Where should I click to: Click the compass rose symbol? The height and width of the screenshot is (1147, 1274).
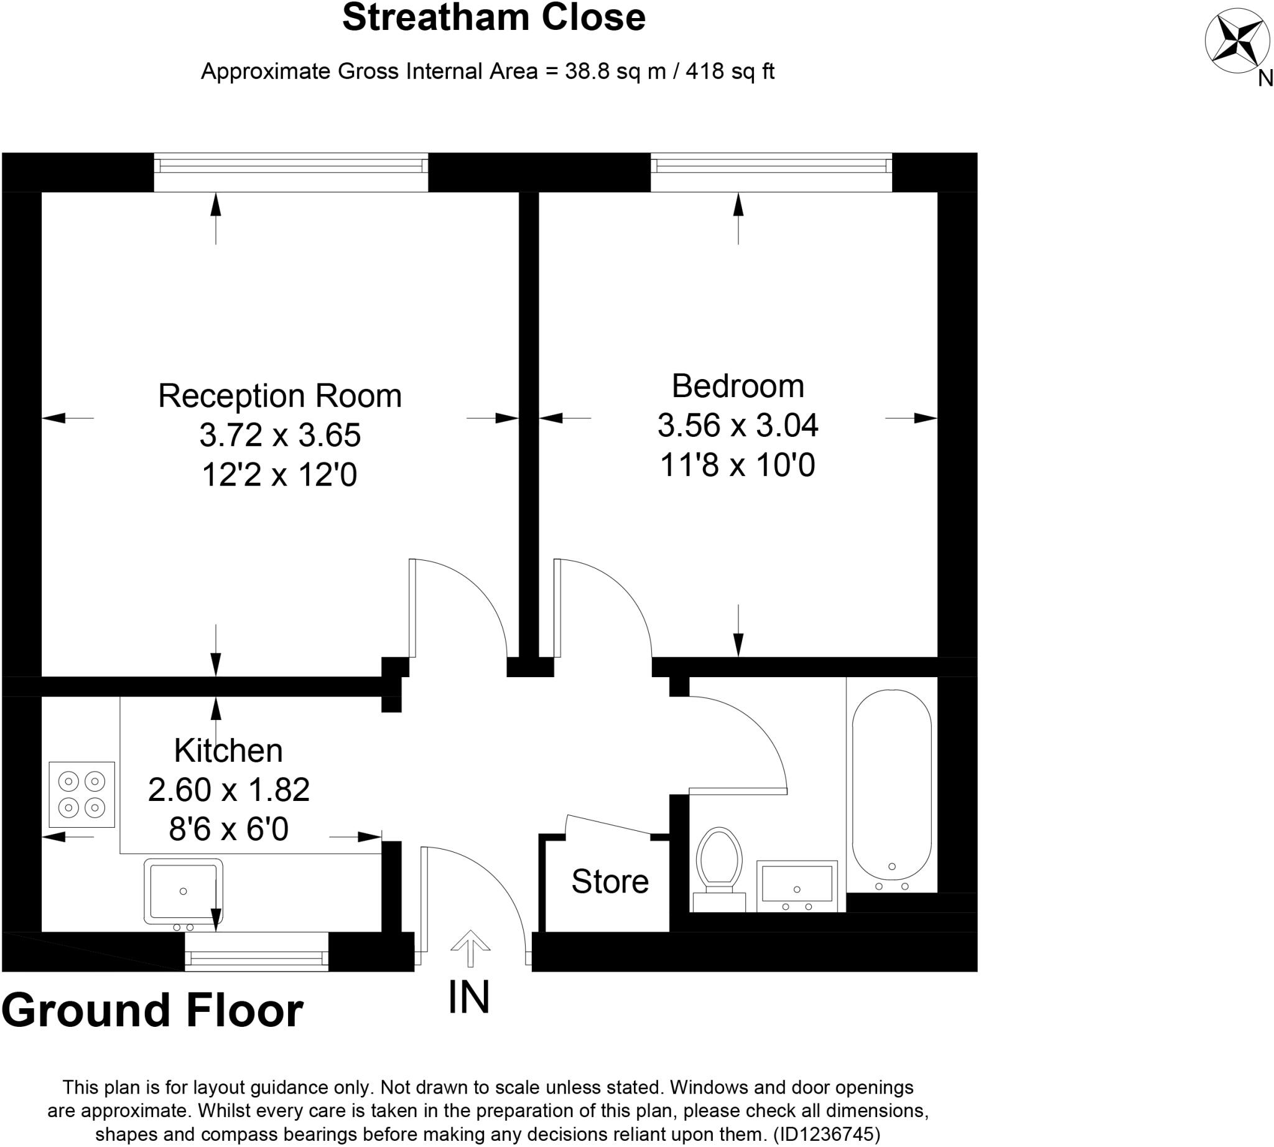point(1237,40)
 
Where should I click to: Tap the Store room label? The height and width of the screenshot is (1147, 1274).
point(609,881)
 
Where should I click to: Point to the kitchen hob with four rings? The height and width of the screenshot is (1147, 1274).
point(82,794)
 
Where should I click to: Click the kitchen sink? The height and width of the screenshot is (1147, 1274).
point(183,891)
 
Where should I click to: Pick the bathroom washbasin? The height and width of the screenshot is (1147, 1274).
point(796,885)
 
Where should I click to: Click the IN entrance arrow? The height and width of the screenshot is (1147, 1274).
point(470,948)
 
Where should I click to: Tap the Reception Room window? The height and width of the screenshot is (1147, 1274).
point(291,166)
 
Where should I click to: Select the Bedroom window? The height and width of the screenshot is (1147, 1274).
point(771,166)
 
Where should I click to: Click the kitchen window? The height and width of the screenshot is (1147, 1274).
point(256,958)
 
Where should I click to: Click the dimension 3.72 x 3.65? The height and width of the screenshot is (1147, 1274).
point(280,435)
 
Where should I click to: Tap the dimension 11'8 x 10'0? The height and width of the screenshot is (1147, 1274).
point(737,465)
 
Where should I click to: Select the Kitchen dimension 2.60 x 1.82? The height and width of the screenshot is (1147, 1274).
point(229,789)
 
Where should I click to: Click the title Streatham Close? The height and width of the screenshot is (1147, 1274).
point(493,17)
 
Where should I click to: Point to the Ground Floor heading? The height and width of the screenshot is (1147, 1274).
point(152,1009)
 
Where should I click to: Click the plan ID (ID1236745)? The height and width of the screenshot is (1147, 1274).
point(826,1135)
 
